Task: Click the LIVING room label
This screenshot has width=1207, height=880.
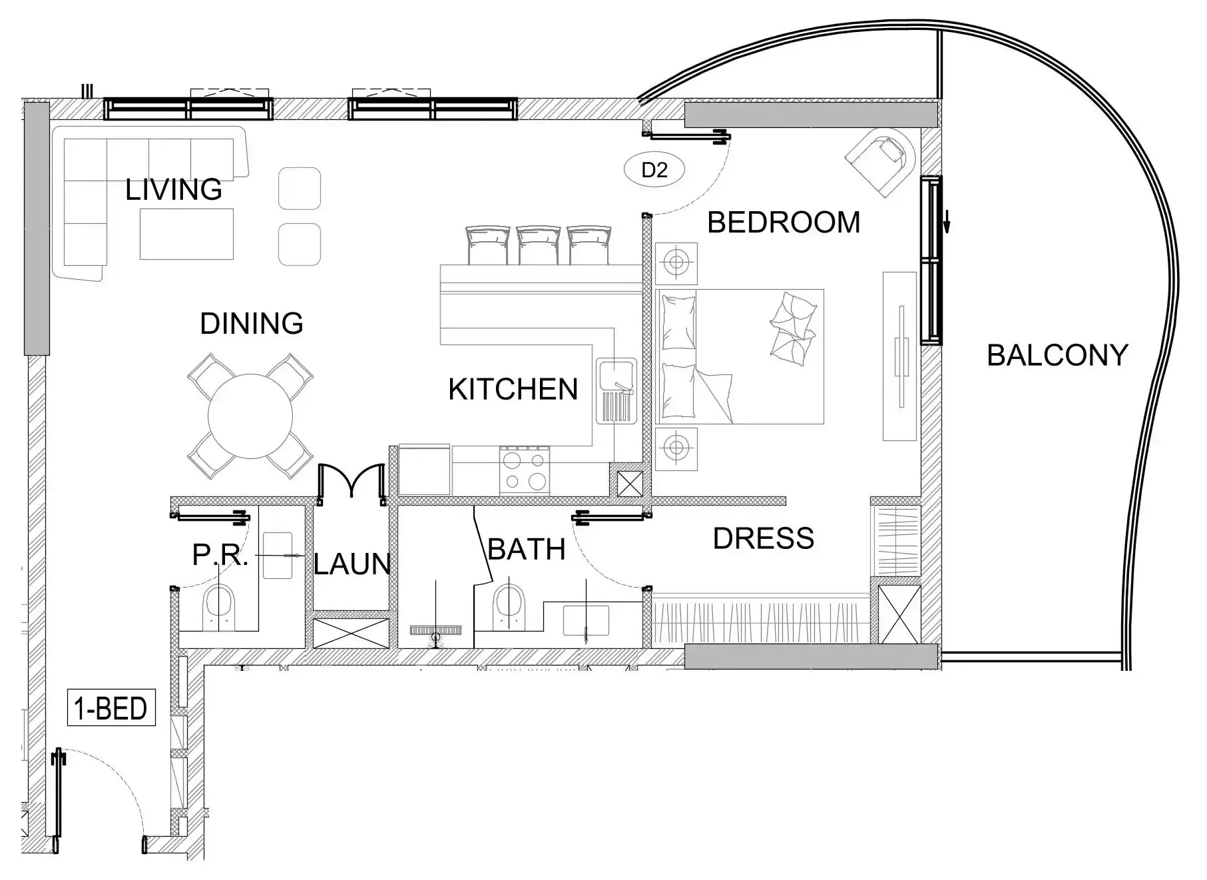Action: (174, 190)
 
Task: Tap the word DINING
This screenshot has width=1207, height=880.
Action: (252, 324)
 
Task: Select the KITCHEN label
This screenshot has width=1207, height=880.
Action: (513, 390)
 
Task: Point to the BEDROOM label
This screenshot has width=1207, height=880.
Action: (784, 222)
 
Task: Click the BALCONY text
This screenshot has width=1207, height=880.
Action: (1057, 356)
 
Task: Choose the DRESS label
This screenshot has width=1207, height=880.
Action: (764, 538)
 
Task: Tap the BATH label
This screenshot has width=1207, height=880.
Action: (527, 550)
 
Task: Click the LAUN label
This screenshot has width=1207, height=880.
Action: (352, 564)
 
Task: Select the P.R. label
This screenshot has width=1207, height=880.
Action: (220, 554)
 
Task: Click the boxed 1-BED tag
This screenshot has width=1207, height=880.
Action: (111, 707)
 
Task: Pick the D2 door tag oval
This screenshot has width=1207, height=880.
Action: (654, 170)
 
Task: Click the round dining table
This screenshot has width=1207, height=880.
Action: (250, 416)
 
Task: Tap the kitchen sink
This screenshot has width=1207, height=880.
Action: (616, 390)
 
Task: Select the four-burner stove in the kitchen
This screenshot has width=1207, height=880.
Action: (525, 470)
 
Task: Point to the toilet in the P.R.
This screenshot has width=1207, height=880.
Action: (219, 606)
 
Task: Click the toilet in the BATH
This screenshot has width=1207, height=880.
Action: (509, 606)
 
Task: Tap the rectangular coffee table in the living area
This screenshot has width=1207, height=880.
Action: (186, 234)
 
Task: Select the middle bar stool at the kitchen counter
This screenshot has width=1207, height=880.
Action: (539, 245)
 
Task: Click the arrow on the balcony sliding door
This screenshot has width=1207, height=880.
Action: (946, 219)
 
